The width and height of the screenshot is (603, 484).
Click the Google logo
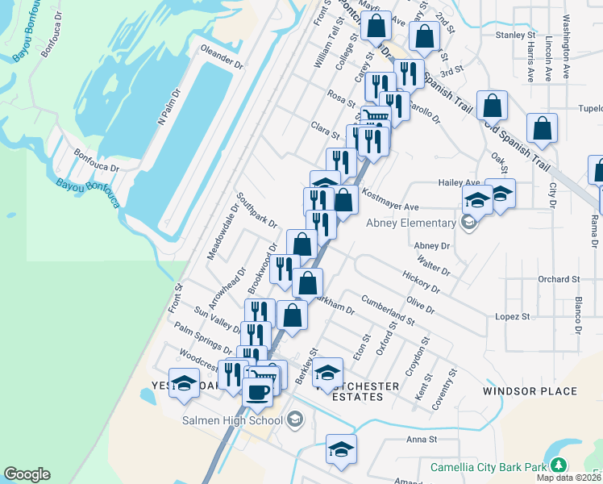click(27, 474)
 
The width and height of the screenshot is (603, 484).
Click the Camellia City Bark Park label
click(489, 466)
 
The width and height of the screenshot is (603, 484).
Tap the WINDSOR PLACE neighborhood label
click(530, 391)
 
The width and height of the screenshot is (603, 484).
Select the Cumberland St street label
click(388, 309)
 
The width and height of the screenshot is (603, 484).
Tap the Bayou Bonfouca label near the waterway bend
click(88, 193)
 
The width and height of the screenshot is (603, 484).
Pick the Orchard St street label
click(559, 279)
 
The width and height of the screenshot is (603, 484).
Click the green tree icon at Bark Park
click(557, 465)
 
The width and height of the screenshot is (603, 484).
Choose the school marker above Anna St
click(341, 449)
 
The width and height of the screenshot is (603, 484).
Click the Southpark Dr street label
click(256, 211)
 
